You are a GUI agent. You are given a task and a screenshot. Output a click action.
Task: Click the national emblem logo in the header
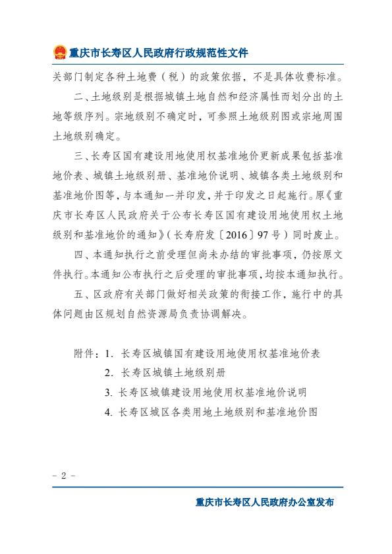click(59, 52)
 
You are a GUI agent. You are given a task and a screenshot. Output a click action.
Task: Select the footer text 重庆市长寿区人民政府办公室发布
click(265, 502)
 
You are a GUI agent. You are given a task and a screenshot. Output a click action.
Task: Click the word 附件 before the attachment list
click(86, 353)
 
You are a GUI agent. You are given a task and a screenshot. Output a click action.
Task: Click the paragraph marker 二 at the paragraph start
click(78, 97)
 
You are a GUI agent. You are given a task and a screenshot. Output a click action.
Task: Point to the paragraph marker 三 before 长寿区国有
click(78, 157)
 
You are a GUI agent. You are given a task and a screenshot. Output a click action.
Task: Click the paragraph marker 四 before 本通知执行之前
click(78, 254)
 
